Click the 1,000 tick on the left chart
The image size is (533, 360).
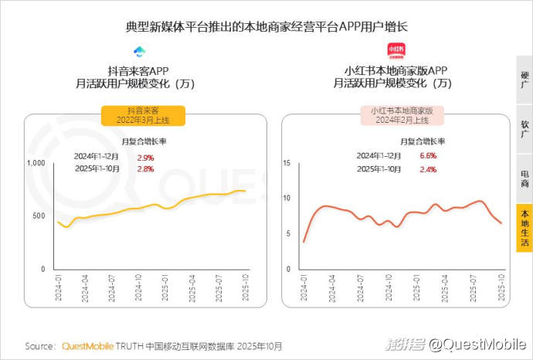[x=36, y=163]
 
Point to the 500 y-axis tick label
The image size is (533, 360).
[x=39, y=216]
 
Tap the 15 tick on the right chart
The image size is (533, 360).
[x=286, y=163]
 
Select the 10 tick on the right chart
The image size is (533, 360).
[x=286, y=199]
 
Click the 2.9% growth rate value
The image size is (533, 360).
[x=145, y=157]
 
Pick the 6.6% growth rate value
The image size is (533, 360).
[x=428, y=155]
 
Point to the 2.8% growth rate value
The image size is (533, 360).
[x=145, y=169]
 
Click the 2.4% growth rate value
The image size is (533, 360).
[x=428, y=168]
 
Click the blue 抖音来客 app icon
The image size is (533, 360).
[x=139, y=52]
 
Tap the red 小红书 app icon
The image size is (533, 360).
[x=396, y=52]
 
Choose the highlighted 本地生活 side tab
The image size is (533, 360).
[x=525, y=227]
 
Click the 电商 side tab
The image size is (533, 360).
[x=525, y=178]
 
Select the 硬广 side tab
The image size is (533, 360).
[x=525, y=80]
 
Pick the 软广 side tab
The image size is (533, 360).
[x=525, y=129]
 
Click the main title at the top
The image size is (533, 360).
[x=266, y=26]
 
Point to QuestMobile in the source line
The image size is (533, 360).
[x=87, y=346]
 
